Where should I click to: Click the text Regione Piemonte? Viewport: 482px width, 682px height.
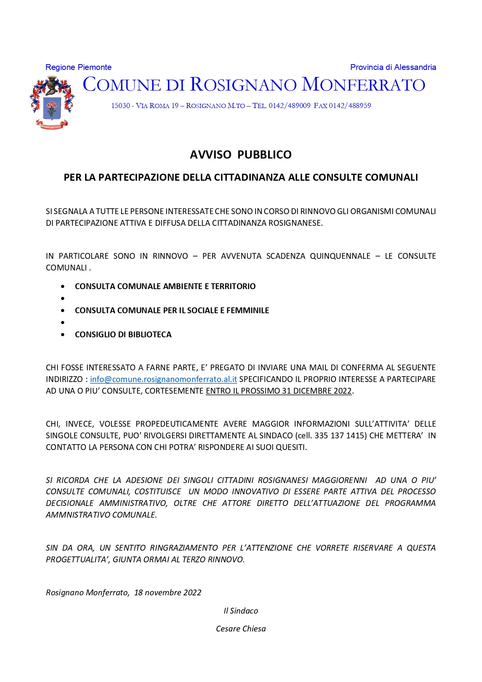78,67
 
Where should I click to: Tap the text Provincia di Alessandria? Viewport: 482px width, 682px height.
393,67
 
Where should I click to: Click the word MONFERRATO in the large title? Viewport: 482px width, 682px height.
364,85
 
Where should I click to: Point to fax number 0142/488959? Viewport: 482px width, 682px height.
350,106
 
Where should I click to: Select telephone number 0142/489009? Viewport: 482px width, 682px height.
290,106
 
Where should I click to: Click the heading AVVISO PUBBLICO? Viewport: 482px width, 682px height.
241,155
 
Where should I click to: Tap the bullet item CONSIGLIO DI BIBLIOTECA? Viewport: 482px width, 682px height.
123,335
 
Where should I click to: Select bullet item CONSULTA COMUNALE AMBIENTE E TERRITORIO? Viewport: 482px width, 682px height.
165,286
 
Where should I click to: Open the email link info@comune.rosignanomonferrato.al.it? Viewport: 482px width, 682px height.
164,379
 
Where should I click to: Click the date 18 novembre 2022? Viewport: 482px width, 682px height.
168,593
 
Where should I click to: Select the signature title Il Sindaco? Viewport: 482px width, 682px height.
241,611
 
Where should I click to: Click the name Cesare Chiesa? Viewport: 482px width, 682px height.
241,629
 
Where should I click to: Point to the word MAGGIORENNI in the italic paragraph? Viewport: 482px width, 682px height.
339,480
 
